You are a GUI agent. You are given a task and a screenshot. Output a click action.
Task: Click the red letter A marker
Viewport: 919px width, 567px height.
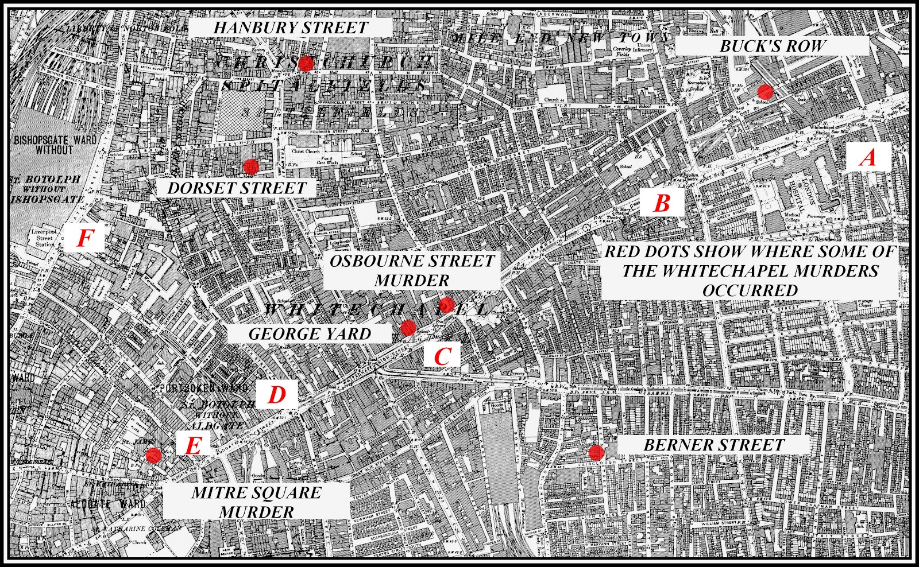coord(868,157)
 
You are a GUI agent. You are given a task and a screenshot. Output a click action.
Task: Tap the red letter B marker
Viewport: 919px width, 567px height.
coord(662,203)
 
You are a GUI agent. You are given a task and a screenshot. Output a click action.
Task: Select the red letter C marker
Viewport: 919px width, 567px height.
coord(441,356)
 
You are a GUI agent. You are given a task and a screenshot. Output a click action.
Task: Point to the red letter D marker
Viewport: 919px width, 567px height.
coord(277,395)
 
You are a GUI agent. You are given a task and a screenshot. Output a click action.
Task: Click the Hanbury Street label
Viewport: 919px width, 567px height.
coord(291,27)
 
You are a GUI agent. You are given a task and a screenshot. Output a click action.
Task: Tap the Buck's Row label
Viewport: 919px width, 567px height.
coord(772,46)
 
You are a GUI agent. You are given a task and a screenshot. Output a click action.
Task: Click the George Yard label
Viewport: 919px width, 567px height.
coord(310,333)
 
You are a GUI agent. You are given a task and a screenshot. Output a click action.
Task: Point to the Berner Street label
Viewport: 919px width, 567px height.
coord(713,445)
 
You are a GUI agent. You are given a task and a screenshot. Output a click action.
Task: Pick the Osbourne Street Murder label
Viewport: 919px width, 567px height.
coord(412,270)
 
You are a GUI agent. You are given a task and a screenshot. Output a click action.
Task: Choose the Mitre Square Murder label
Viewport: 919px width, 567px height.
coord(256,502)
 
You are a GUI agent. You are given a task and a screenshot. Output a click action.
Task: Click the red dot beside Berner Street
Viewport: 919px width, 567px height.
coord(596,452)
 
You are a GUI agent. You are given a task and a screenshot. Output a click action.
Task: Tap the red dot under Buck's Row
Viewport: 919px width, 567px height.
coord(764,91)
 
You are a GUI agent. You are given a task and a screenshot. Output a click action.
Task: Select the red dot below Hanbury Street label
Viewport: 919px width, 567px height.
coord(306,63)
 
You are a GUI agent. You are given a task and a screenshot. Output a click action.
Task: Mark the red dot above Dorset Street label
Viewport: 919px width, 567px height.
coord(250,166)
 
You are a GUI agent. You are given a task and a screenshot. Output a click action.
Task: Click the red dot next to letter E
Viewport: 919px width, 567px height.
coord(153,455)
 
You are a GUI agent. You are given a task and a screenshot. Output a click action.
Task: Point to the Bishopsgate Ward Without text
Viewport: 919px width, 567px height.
coord(55,144)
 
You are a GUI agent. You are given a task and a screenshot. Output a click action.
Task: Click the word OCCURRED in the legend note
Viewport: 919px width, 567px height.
coord(750,290)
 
